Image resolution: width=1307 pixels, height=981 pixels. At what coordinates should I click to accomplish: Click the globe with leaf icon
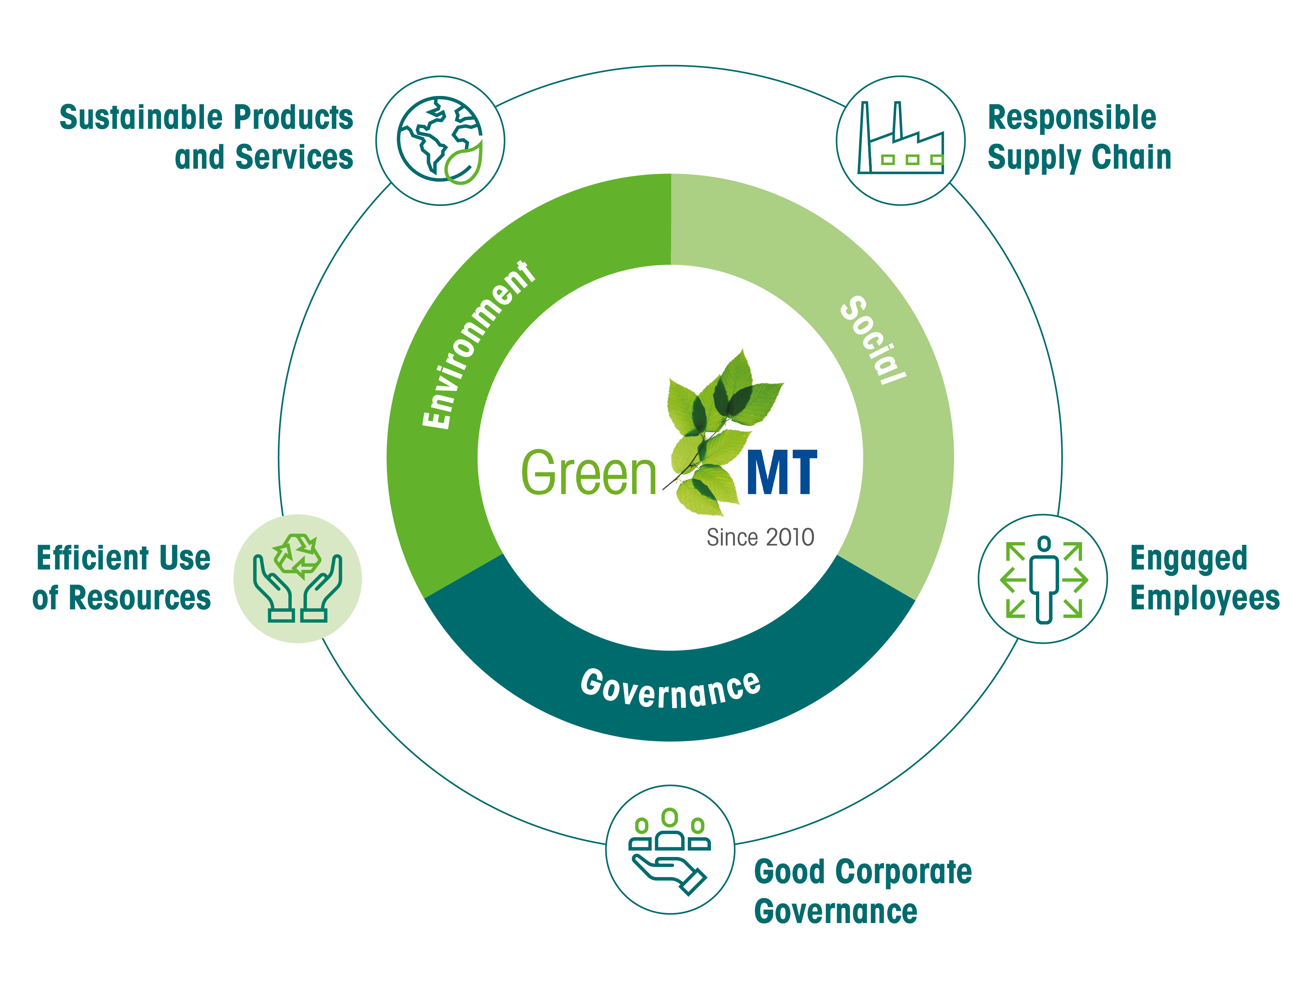pyautogui.click(x=440, y=140)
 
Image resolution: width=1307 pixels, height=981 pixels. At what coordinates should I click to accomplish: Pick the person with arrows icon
pyautogui.click(x=1043, y=579)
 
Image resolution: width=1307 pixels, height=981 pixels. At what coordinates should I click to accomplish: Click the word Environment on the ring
pyautogui.click(x=478, y=344)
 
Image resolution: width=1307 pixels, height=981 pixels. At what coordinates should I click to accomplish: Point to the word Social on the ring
pyautogui.click(x=873, y=340)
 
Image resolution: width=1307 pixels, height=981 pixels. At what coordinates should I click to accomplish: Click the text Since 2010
pyautogui.click(x=760, y=537)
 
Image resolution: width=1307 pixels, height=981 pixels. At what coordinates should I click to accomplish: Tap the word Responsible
pyautogui.click(x=1072, y=117)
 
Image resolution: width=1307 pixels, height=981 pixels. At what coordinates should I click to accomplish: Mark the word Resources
pyautogui.click(x=139, y=598)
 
